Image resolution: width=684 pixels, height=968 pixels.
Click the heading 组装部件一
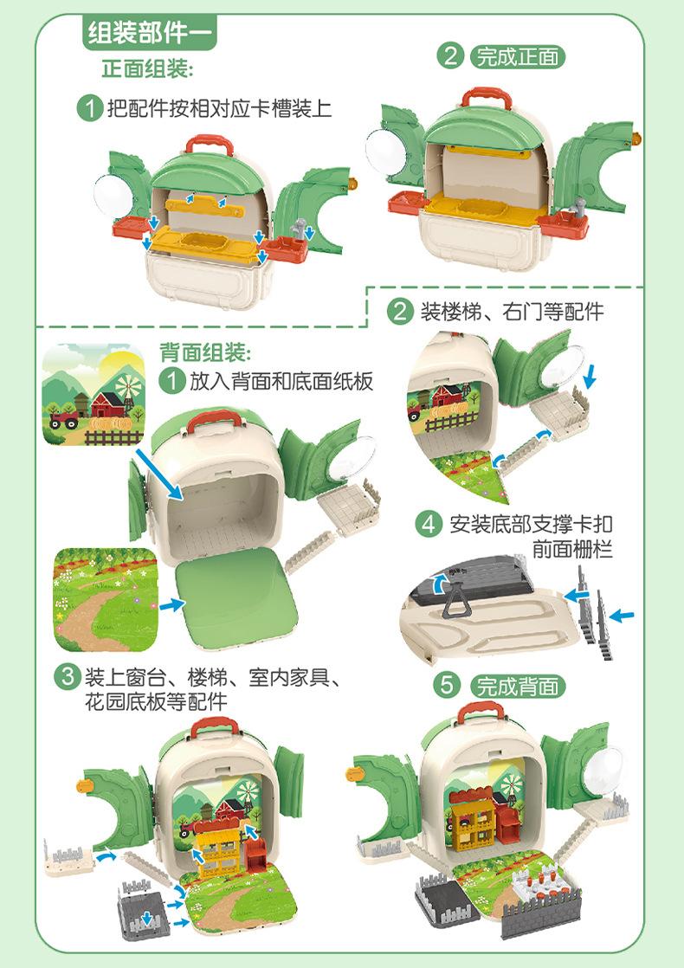(150, 31)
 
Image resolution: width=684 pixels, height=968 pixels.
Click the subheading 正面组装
(147, 68)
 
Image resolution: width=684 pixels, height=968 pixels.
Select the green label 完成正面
(517, 57)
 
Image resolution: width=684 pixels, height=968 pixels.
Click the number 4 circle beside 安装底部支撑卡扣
(429, 525)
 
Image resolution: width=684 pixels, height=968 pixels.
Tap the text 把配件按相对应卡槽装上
(220, 108)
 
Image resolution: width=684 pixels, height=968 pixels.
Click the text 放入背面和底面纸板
(281, 382)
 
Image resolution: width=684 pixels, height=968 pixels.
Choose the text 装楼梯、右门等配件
(512, 311)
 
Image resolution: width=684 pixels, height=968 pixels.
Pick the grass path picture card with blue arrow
(106, 599)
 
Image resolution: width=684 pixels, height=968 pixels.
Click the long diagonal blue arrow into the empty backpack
(159, 474)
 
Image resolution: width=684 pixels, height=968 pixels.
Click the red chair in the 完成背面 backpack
(508, 825)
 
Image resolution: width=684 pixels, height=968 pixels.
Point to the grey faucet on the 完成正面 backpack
(580, 208)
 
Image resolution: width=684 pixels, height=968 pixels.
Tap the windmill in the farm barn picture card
(129, 387)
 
